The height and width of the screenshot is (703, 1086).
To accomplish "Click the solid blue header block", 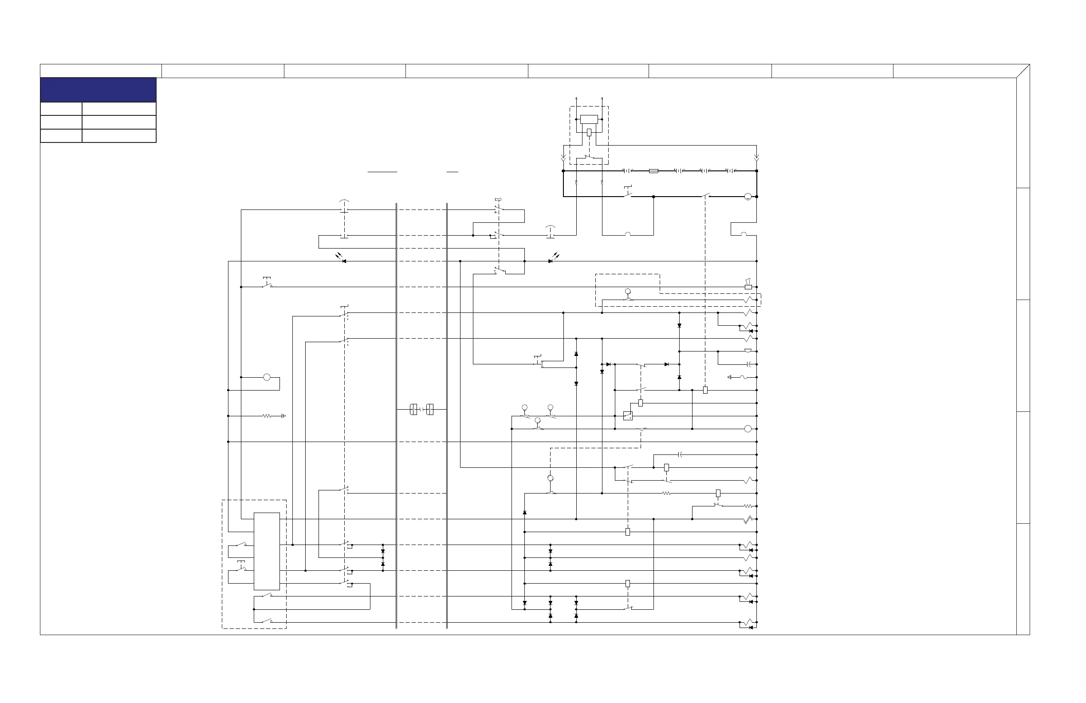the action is point(98,90).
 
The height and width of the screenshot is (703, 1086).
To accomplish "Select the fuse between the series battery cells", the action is point(653,171).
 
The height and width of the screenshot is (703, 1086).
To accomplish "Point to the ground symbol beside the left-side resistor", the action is point(283,416).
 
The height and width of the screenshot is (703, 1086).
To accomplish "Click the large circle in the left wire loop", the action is point(267,377).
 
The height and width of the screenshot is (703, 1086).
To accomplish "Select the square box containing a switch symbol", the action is point(628,416).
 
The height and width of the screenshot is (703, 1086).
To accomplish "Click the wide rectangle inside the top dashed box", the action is point(589,119).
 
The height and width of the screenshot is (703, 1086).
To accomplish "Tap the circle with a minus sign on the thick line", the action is point(748,197).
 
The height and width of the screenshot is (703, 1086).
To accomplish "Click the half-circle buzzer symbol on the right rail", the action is point(748,351).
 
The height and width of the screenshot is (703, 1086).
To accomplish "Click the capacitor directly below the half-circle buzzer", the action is point(748,364).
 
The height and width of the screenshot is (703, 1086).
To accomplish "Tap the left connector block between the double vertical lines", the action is point(413,410).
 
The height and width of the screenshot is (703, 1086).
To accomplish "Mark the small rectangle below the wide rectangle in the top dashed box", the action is point(589,132).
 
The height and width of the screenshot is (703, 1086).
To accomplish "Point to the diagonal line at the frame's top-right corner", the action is point(1023,71).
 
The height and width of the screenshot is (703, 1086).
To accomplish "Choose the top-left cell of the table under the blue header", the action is point(61,109).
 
